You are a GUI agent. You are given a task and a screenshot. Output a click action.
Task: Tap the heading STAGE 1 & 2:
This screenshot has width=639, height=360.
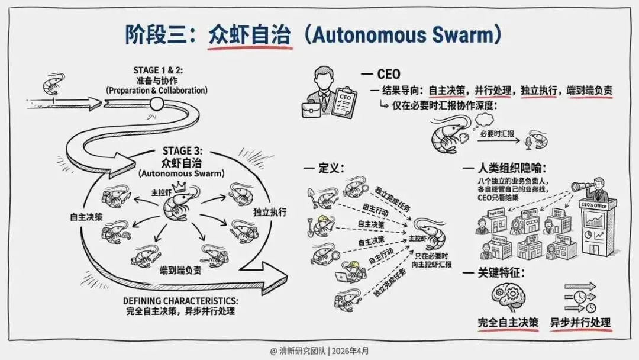click(154, 70)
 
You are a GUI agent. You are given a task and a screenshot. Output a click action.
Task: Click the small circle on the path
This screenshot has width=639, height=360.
click(156, 104)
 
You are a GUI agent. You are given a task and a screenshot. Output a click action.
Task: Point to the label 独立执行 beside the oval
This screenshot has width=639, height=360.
click(270, 212)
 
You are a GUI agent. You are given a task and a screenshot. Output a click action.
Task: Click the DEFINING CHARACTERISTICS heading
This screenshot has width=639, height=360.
click(180, 300)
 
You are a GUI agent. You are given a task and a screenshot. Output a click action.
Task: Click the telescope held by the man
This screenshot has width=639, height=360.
click(582, 186)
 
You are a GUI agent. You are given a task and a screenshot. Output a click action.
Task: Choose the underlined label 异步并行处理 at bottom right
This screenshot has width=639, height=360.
click(580, 323)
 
